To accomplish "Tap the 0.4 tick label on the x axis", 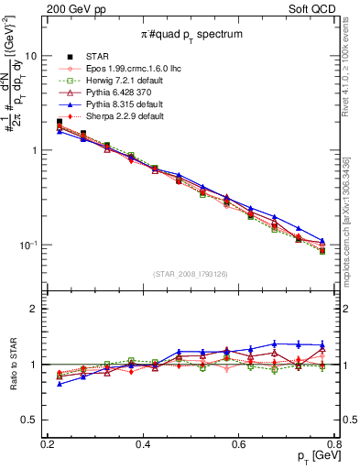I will click(x=142, y=445).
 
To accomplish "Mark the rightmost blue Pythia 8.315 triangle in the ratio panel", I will click(x=322, y=344).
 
